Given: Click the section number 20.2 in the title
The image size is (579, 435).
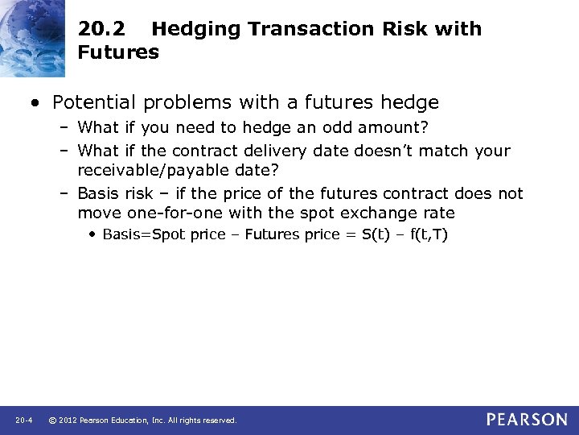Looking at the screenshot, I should click(101, 29).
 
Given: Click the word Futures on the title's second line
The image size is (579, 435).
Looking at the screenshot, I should click(118, 53).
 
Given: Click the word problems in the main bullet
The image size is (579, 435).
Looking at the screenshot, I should click(184, 102).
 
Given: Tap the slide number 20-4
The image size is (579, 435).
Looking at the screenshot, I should click(23, 420).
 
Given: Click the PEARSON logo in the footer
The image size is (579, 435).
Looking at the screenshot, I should click(526, 420).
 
